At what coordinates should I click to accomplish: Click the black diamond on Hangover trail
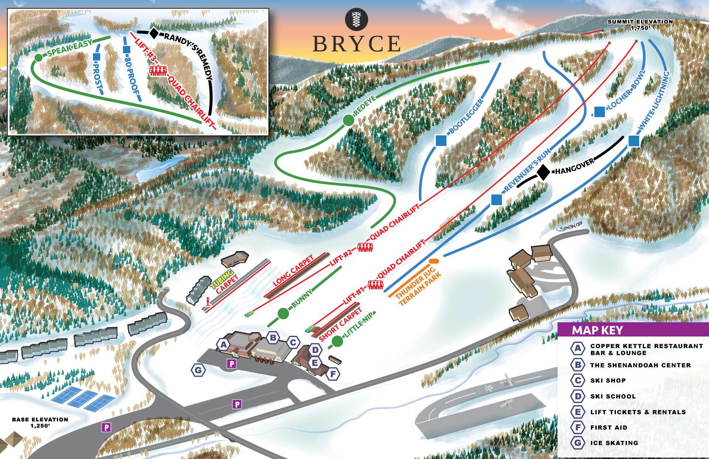coord(543,172)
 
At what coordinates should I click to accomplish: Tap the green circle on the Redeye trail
coord(348,120)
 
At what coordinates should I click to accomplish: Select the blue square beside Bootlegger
coord(441,140)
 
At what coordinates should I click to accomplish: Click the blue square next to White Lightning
coord(634,141)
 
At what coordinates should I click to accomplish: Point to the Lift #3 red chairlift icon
coord(158,71)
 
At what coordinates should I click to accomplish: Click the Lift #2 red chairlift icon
coord(365,247)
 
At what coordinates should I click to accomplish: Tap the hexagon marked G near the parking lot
coord(198,370)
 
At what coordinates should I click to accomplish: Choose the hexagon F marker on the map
coord(333,374)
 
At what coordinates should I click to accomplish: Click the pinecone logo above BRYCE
coord(356,19)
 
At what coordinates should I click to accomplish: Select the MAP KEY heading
coord(597,330)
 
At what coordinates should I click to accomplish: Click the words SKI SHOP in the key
coord(608,380)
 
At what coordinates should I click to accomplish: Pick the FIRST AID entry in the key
coord(609,427)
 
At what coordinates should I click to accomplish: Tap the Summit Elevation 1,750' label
coord(640,24)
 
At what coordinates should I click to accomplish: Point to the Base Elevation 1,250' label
coord(40,422)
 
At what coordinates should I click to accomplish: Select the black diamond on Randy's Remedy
coord(154,33)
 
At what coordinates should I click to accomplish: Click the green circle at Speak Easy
coord(38,58)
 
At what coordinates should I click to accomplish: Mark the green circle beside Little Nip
coord(337,341)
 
